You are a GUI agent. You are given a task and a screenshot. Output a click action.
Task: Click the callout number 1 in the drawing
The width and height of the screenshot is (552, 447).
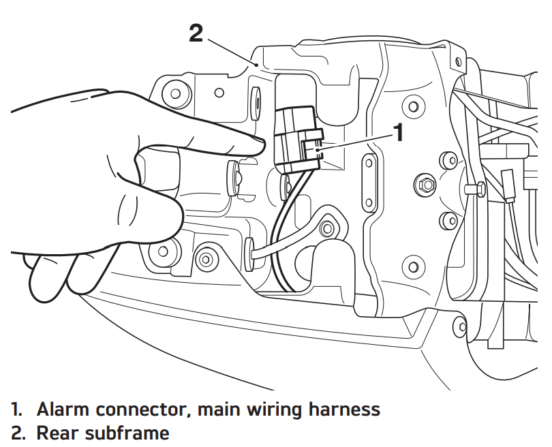click(x=399, y=132)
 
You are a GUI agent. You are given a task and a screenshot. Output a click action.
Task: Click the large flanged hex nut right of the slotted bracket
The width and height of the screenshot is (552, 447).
click(x=425, y=184)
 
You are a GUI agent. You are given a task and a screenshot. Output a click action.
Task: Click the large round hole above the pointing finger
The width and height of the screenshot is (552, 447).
click(x=176, y=91)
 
